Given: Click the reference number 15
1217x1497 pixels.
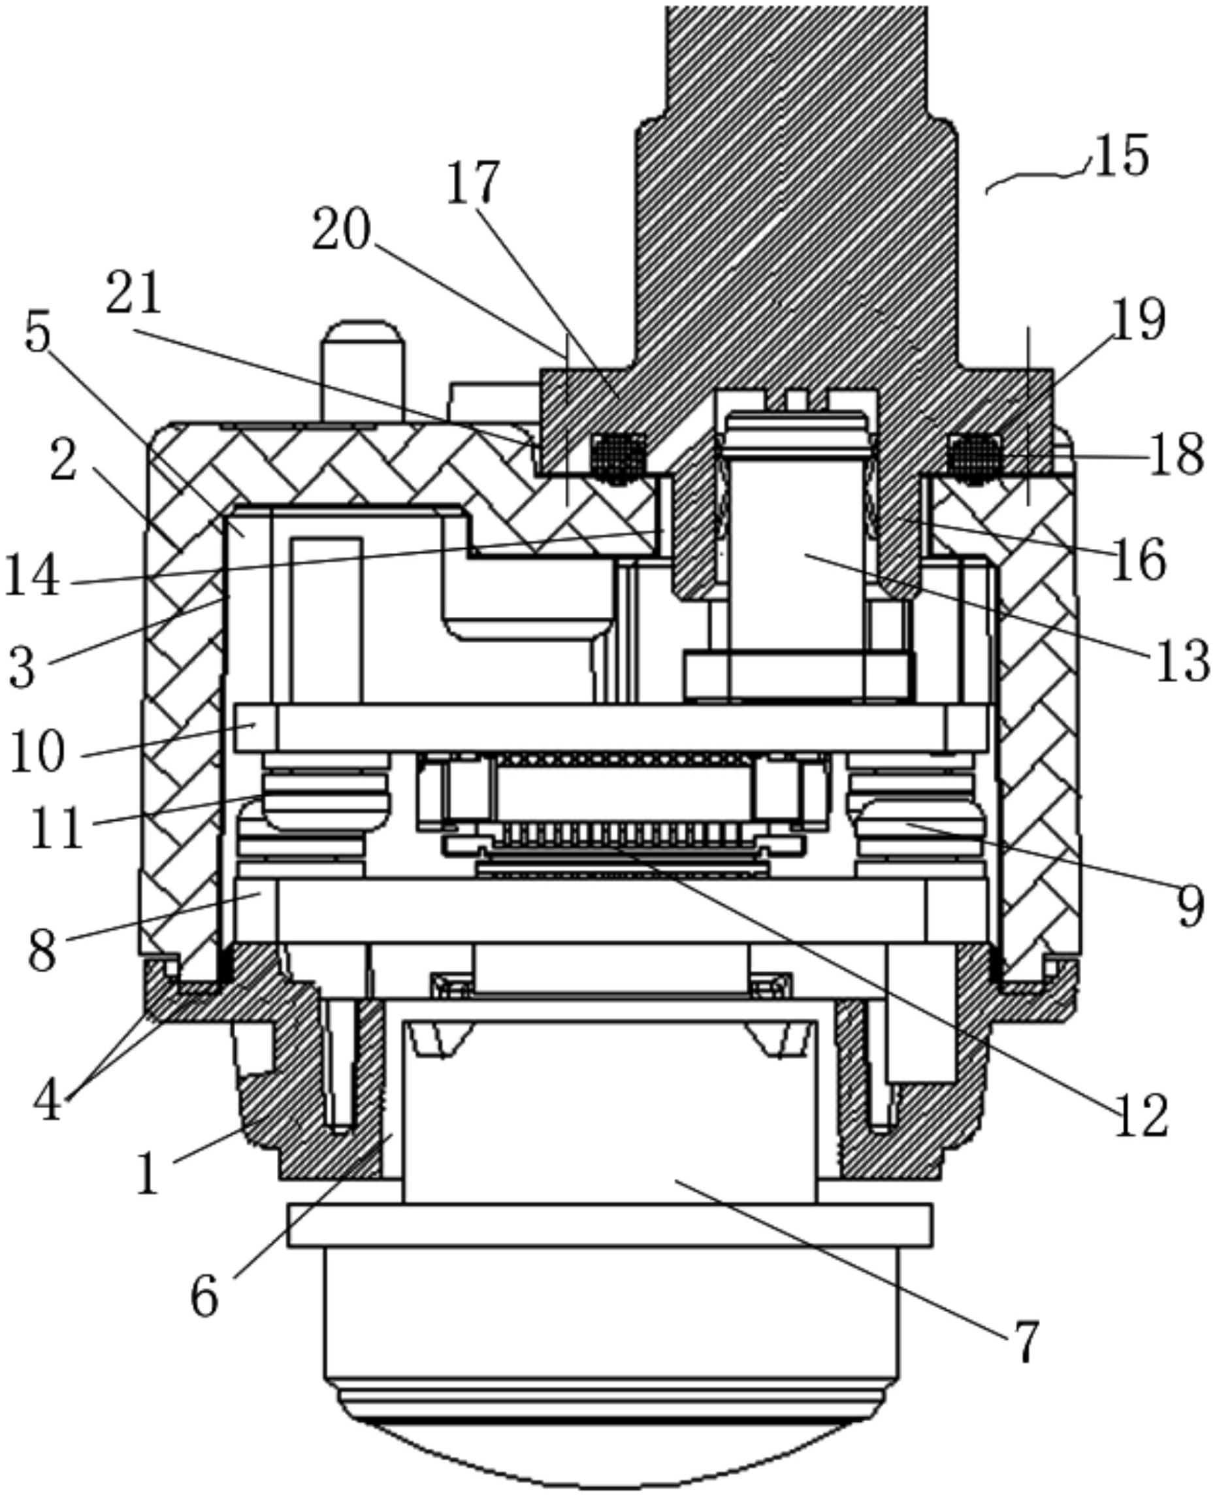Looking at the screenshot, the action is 1120,155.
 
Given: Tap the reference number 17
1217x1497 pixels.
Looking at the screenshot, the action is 474,182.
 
